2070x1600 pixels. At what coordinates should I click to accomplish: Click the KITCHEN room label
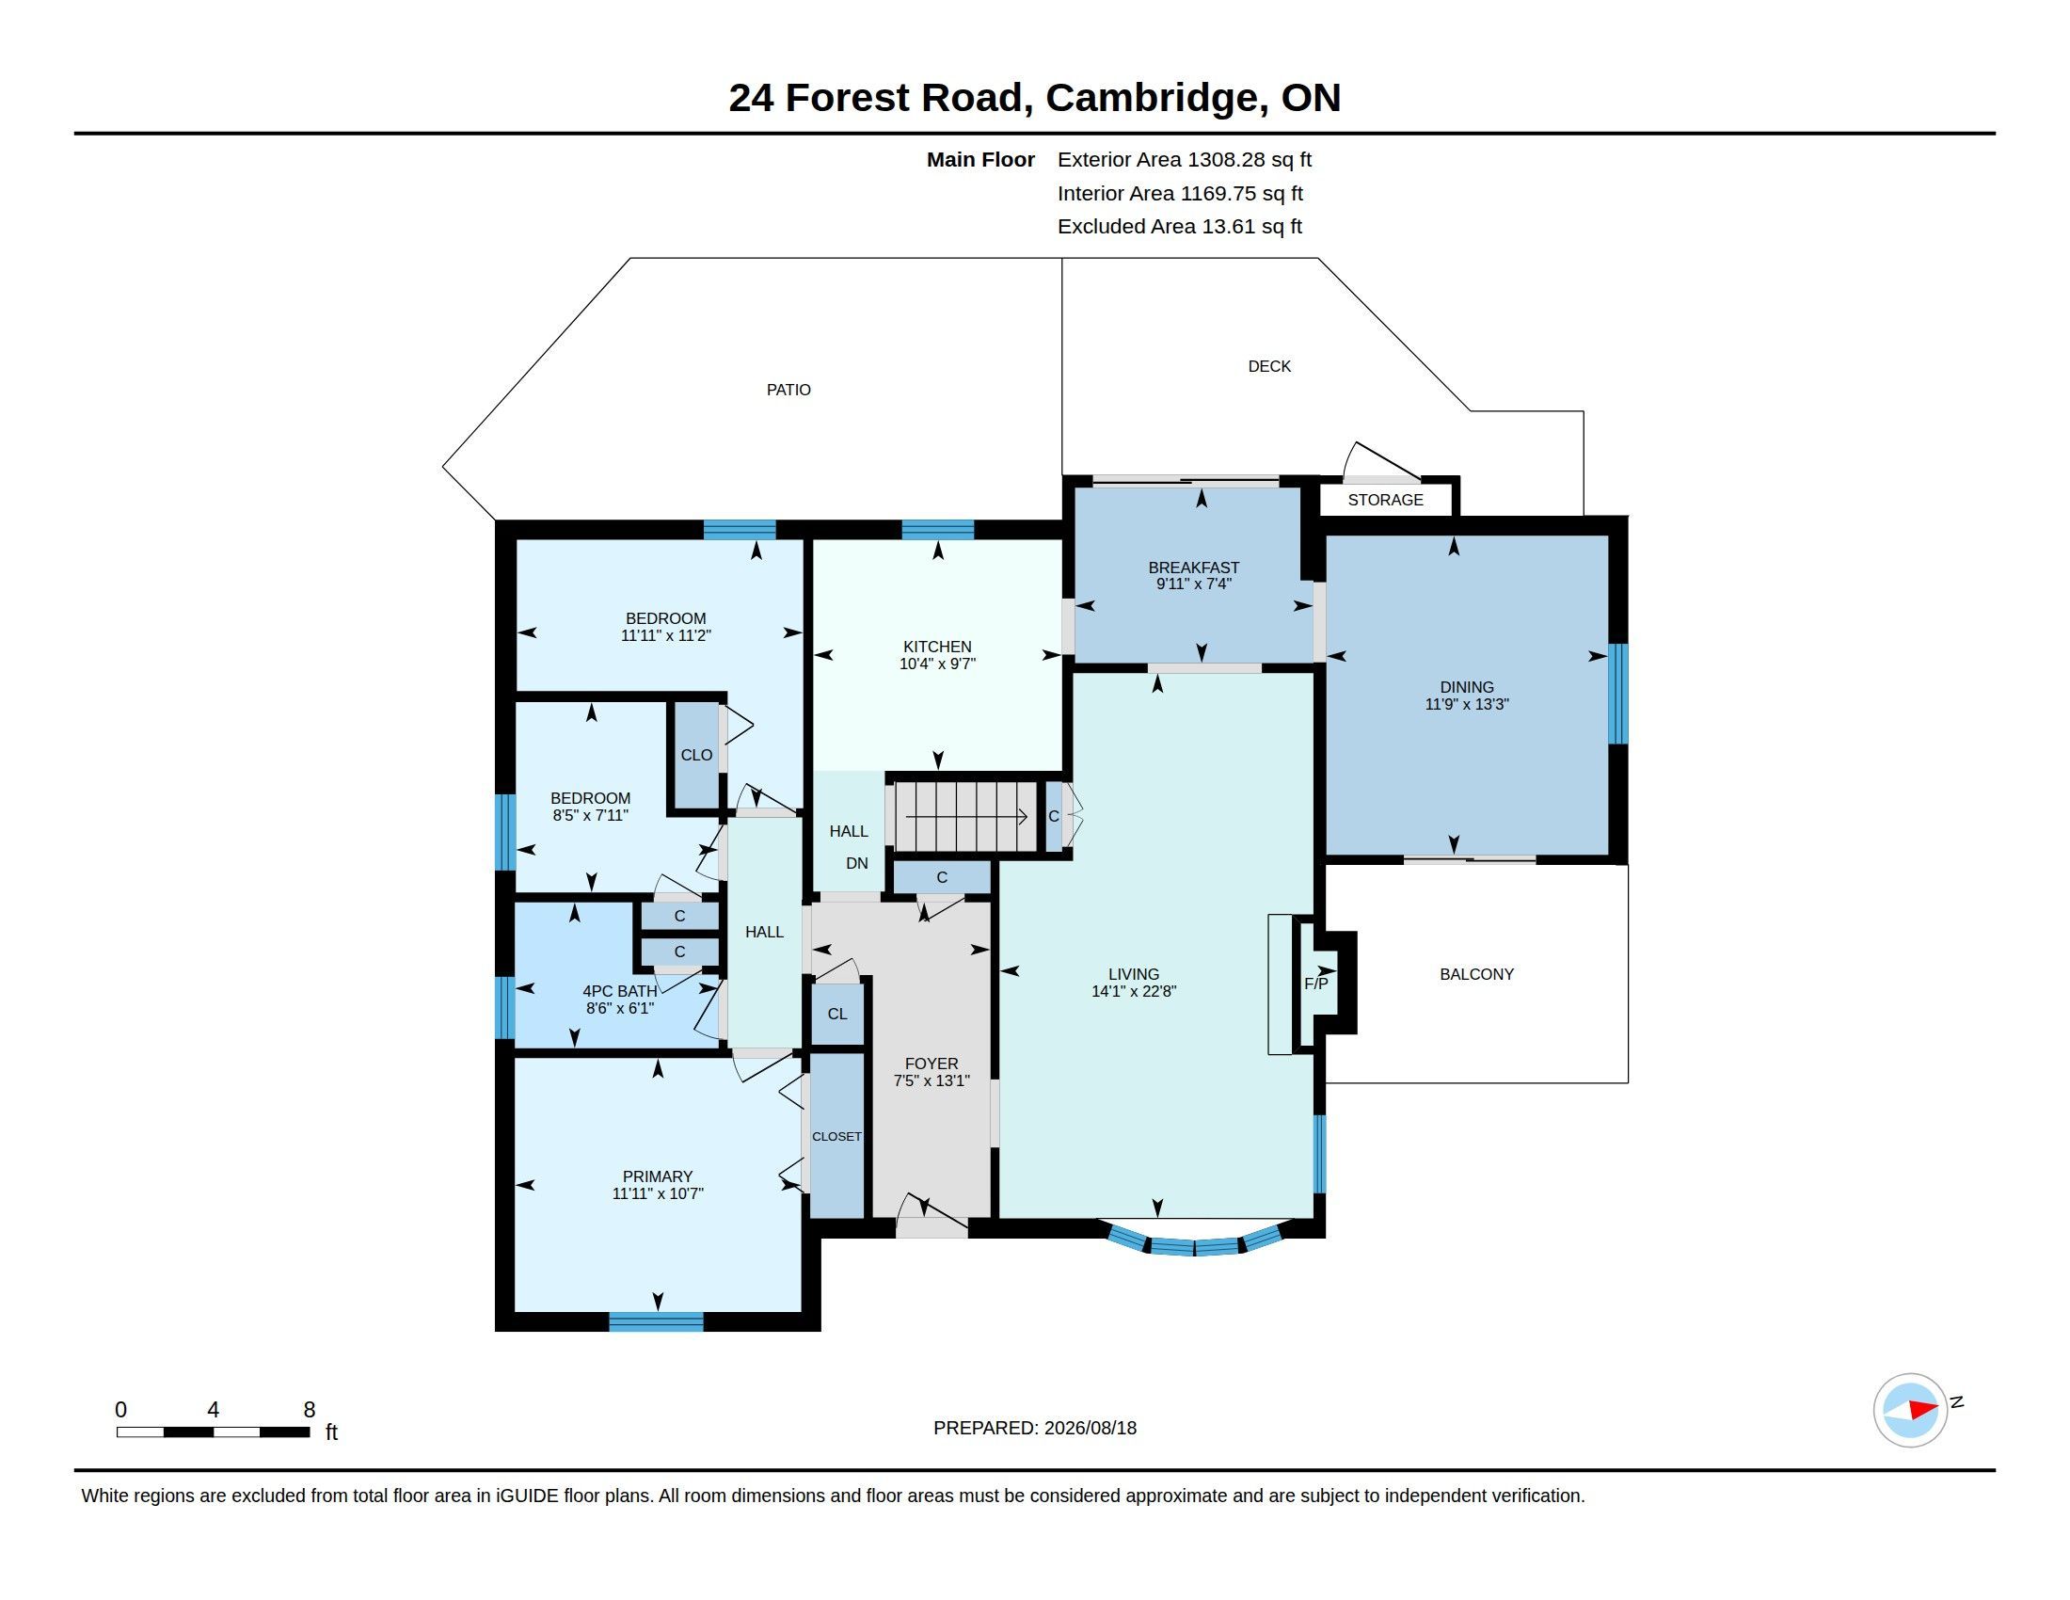tap(936, 647)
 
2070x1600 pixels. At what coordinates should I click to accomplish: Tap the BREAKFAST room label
tap(1193, 568)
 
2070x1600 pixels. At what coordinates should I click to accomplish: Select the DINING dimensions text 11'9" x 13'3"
tap(1466, 704)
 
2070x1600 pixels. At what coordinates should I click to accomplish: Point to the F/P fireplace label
tap(1315, 984)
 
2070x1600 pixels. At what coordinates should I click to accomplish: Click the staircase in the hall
tap(963, 815)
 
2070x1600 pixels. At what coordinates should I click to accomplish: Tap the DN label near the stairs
tap(857, 863)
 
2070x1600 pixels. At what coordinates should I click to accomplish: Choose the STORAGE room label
tap(1385, 500)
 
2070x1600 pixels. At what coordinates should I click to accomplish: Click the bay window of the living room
tap(1194, 1242)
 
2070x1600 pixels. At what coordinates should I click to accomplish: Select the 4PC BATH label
tap(619, 991)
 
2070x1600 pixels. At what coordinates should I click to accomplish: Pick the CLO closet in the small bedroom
tap(696, 756)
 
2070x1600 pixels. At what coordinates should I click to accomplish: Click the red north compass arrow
tap(1922, 1410)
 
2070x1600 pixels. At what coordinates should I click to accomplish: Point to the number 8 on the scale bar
tap(309, 1410)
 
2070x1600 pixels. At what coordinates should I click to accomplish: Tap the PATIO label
tap(788, 390)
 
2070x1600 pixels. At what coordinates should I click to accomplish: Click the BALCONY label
tap(1476, 974)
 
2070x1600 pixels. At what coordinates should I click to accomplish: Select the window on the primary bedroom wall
tap(656, 1321)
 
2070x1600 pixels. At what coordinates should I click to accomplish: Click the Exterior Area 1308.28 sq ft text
tap(1185, 160)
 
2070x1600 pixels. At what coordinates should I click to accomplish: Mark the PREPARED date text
tap(1035, 1429)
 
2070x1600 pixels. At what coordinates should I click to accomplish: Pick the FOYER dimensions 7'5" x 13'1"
tap(931, 1080)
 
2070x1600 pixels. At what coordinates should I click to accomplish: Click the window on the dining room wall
tap(1619, 694)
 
